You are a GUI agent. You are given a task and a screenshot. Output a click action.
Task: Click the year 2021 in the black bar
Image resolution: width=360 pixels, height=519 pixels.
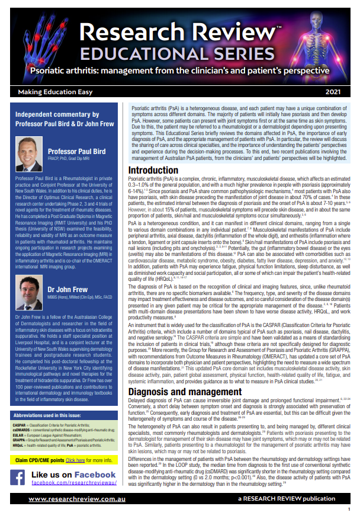pos(333,92)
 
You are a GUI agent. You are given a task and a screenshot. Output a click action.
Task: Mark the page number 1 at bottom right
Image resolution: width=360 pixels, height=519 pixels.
pos(349,510)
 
